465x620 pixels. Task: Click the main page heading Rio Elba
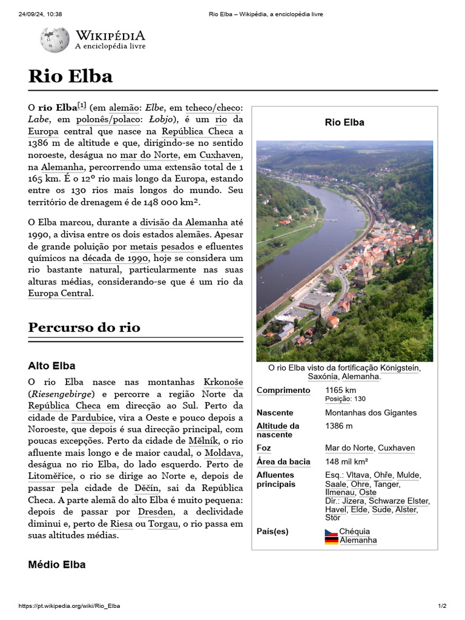[70, 76]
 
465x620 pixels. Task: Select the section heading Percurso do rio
[84, 328]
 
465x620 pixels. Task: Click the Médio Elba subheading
[57, 564]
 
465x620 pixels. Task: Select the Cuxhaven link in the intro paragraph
[221, 154]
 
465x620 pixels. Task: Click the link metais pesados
[162, 246]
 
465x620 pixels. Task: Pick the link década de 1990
[116, 258]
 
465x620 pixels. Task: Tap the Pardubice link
[93, 417]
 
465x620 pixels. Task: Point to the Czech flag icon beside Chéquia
[331, 532]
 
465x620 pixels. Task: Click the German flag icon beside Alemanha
[331, 540]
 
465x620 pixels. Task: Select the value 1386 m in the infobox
[339, 426]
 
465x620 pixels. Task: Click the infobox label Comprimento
[283, 391]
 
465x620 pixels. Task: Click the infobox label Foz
[264, 448]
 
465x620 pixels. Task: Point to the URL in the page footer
[70, 606]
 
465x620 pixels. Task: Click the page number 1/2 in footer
[442, 606]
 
